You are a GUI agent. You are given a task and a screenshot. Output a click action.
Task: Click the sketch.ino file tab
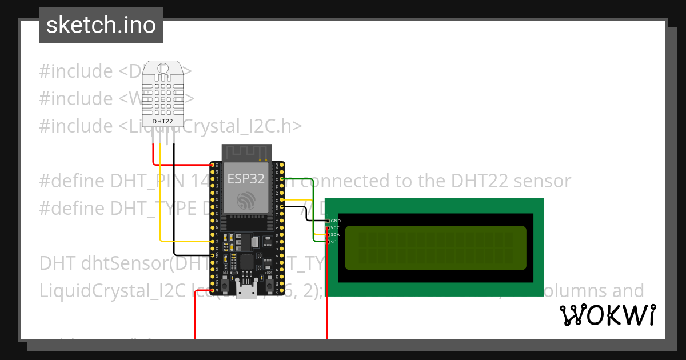pos(101,25)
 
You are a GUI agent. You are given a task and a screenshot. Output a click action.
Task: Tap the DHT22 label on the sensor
pos(163,121)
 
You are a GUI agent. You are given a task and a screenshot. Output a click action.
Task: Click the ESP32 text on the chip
pos(246,178)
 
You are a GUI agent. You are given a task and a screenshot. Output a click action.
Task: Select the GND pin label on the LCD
pos(336,221)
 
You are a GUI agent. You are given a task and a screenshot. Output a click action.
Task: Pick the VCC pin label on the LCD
pos(335,227)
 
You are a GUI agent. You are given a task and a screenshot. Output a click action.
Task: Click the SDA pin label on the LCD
pos(335,235)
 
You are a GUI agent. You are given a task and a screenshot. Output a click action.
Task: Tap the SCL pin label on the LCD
pos(335,242)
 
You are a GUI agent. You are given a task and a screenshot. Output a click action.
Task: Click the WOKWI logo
pos(607,315)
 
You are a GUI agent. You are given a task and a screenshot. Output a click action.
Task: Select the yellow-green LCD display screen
pos(436,248)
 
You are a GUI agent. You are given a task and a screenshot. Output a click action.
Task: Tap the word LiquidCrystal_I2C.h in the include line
pos(229,126)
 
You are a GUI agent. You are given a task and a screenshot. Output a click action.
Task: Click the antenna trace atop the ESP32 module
pos(246,153)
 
